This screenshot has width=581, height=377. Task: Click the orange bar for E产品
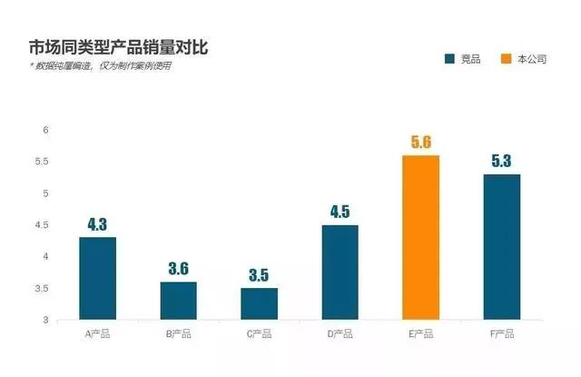click(421, 237)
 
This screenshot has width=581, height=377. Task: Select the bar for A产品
click(97, 278)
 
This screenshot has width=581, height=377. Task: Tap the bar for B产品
click(178, 301)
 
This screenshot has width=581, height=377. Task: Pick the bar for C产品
click(259, 303)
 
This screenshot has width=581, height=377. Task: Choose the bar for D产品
click(340, 273)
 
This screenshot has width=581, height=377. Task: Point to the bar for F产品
click(502, 246)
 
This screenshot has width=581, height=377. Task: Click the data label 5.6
click(421, 142)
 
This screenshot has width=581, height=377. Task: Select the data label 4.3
click(97, 223)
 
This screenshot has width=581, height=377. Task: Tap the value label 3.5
click(259, 274)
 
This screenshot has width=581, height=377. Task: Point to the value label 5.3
click(502, 161)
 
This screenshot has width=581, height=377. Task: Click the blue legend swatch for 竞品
click(449, 59)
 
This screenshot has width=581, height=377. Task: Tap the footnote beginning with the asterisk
click(100, 66)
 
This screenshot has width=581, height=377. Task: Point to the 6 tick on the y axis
click(44, 130)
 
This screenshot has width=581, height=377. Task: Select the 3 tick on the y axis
click(44, 320)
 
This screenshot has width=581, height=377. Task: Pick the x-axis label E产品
click(421, 334)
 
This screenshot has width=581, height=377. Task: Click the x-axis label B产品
click(178, 334)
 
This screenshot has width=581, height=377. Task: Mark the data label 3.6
click(178, 269)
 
